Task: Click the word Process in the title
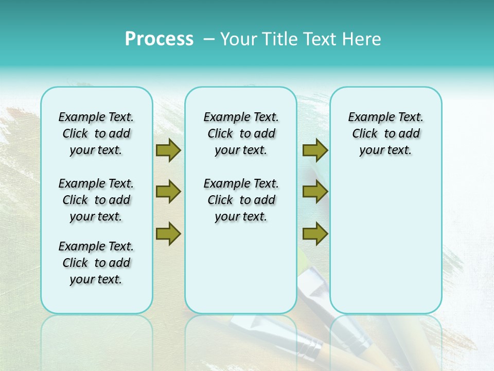(x=159, y=39)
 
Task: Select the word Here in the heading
(x=362, y=39)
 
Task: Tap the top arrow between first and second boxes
(x=168, y=150)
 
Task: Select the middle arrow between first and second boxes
(x=168, y=192)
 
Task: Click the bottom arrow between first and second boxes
(x=168, y=233)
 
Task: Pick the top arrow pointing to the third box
(x=315, y=150)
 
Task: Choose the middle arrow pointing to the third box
(x=315, y=192)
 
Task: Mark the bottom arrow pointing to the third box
(x=315, y=233)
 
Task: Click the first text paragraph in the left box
(x=96, y=133)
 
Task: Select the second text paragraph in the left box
(x=96, y=200)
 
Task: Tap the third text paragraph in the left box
(x=96, y=263)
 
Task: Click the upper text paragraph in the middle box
(x=241, y=133)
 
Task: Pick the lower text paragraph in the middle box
(x=241, y=200)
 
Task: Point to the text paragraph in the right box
(x=385, y=133)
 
